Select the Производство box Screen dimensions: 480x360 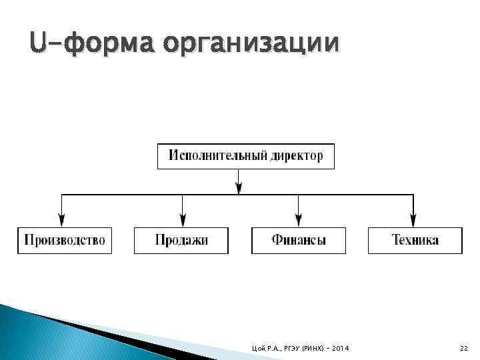[65, 240]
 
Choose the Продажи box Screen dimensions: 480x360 [181, 240]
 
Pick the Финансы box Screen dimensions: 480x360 [299, 240]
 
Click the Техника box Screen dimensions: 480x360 [415, 240]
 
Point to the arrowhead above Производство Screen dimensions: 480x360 [62, 219]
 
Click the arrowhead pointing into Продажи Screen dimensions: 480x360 [182, 219]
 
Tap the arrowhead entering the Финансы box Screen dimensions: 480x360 [299, 219]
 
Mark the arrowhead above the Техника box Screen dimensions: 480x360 [413, 219]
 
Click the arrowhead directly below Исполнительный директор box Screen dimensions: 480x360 [239, 189]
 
